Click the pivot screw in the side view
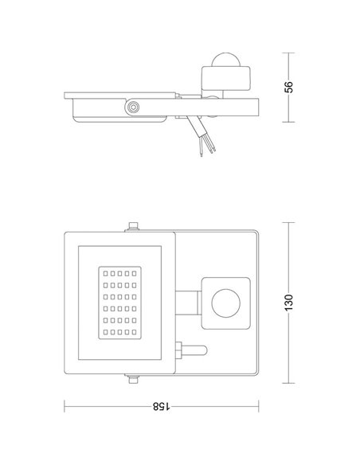[x=131, y=107]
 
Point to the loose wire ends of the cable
[x=204, y=148]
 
